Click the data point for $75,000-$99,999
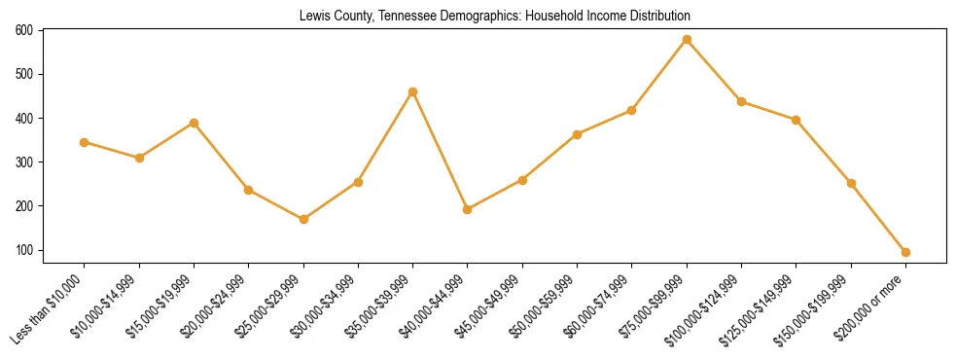(687, 40)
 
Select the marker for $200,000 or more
(905, 252)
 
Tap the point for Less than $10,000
(85, 142)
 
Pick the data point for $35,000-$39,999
(413, 91)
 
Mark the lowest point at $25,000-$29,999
(303, 219)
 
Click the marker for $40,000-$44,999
(468, 209)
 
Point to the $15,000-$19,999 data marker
(194, 123)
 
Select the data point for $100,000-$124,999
(741, 101)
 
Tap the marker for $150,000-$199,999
(851, 183)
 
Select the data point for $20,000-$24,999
(249, 190)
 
